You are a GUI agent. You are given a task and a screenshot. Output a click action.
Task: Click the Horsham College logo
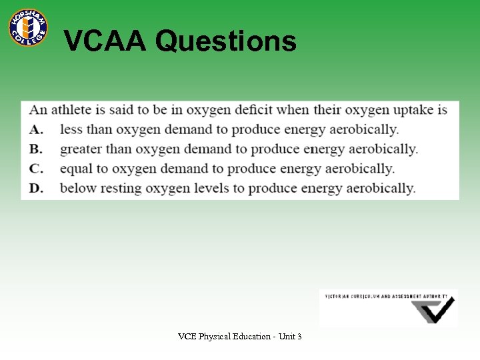(x=28, y=27)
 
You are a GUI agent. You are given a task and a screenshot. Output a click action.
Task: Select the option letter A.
(x=36, y=129)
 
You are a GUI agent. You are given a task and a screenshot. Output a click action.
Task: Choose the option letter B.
(x=36, y=149)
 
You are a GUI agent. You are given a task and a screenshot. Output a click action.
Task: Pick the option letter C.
(x=36, y=169)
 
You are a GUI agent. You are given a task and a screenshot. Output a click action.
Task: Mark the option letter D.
(x=36, y=188)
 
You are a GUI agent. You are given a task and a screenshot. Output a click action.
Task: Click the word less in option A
(x=71, y=129)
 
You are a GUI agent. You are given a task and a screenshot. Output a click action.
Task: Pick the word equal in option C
(x=77, y=169)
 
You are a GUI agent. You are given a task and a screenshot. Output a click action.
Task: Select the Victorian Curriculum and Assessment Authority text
(x=387, y=295)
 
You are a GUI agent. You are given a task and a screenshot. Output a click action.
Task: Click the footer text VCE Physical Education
(x=224, y=337)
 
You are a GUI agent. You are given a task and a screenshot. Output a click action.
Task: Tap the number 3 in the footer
(x=299, y=337)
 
